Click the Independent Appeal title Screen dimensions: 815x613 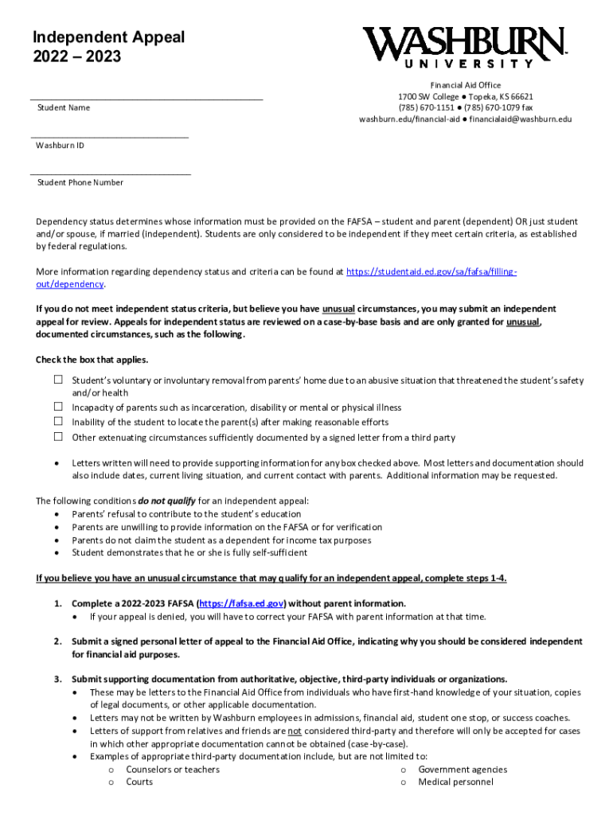(108, 37)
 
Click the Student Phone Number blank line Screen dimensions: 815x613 (111, 173)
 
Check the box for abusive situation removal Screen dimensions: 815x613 (58, 380)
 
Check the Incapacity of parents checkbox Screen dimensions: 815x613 (58, 407)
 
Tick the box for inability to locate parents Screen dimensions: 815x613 (58, 421)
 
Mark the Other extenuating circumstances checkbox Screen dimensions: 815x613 (58, 436)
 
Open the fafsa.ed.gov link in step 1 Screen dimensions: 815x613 (241, 603)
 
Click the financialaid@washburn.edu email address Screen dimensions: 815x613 (520, 119)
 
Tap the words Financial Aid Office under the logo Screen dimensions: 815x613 (466, 85)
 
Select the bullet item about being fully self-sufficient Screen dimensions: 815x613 (189, 552)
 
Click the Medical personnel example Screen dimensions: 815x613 (455, 782)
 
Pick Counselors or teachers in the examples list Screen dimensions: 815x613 (173, 769)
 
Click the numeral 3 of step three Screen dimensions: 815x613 (57, 679)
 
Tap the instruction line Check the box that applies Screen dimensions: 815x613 (92, 360)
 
